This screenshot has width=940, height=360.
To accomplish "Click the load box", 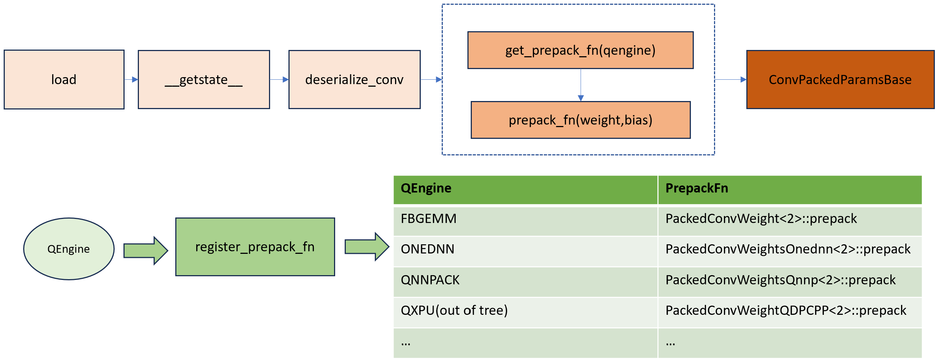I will (64, 79).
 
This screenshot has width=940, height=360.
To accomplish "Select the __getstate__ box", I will (204, 79).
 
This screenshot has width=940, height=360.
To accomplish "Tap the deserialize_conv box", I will (354, 79).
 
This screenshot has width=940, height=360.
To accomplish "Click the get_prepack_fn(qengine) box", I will (580, 50).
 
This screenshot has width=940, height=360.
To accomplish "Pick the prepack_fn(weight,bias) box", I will (580, 120).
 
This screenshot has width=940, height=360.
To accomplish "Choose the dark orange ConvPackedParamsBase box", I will (840, 79).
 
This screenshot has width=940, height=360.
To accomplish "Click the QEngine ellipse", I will (69, 249).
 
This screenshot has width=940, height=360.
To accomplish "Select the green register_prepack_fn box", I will (255, 246).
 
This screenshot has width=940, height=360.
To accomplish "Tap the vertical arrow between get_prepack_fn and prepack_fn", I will (581, 85).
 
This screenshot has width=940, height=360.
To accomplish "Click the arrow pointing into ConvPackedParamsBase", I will (731, 79).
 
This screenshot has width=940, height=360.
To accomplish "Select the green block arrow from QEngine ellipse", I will (146, 251).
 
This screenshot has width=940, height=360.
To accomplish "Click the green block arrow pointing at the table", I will (367, 246).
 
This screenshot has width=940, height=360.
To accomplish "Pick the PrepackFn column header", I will (789, 188).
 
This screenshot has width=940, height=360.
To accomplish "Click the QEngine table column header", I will (525, 188).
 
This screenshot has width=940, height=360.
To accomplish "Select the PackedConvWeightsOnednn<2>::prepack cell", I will (789, 249).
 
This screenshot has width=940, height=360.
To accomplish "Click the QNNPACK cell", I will (525, 280).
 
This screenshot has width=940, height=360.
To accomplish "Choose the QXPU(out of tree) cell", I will (525, 311).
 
